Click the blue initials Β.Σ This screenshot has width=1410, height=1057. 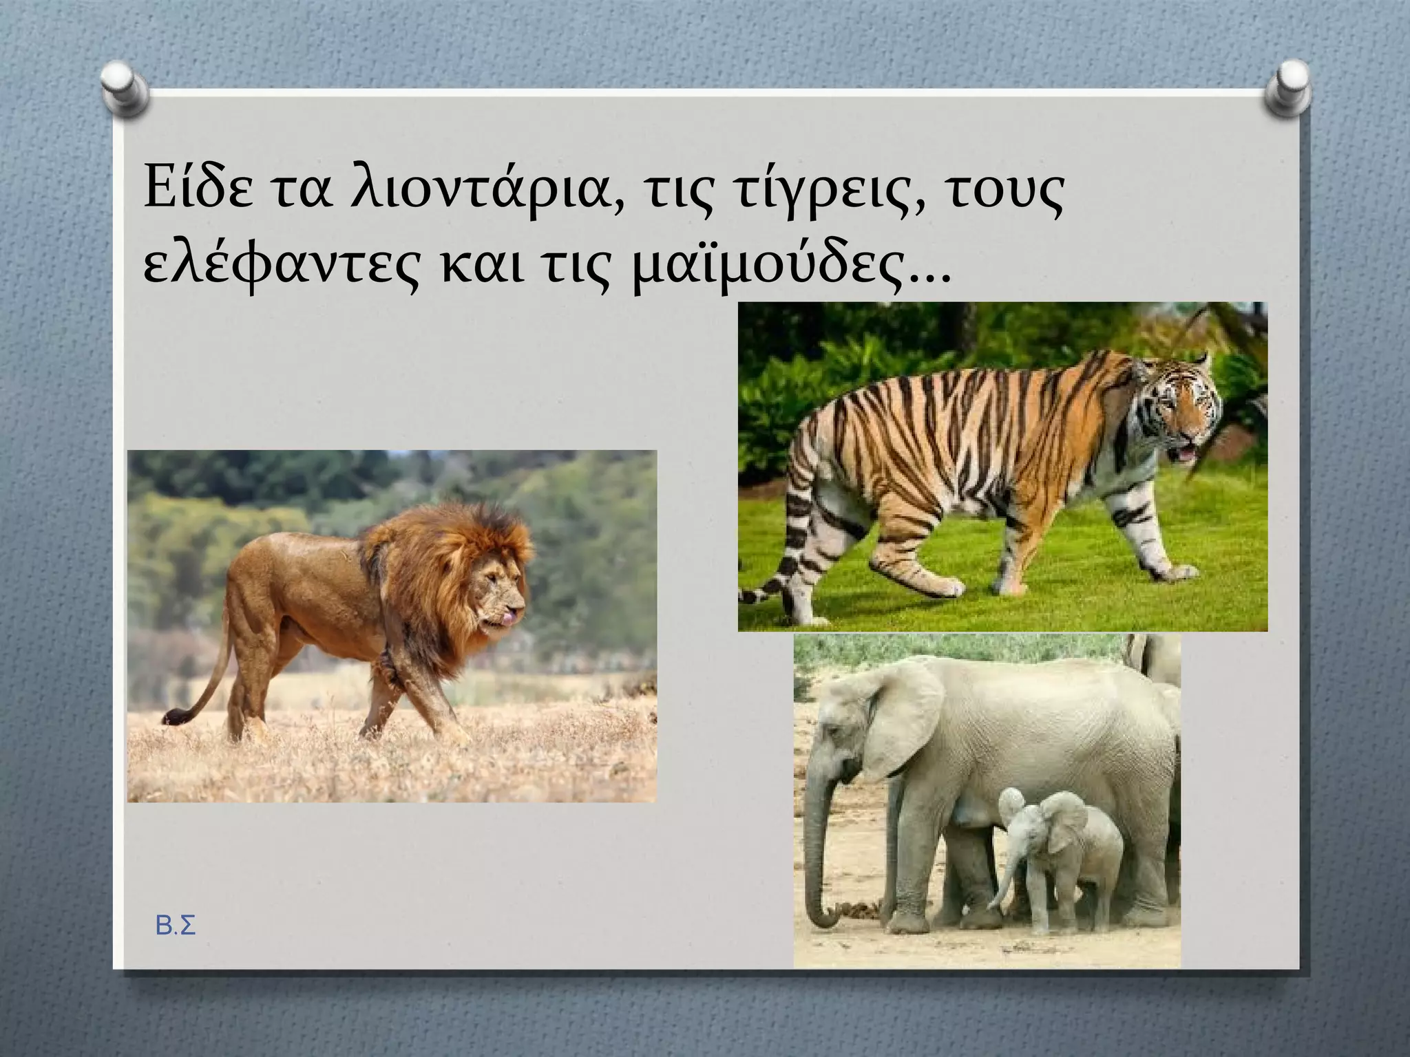pyautogui.click(x=176, y=927)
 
